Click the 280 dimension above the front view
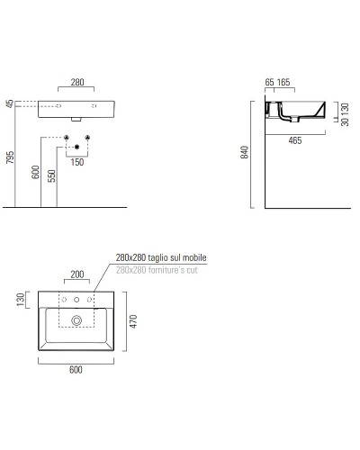[x=76, y=82]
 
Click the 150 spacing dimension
[x=79, y=162]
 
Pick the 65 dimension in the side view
[x=270, y=82]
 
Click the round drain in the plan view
[x=76, y=319]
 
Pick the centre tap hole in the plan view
[x=76, y=298]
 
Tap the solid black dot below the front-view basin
[x=78, y=146]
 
